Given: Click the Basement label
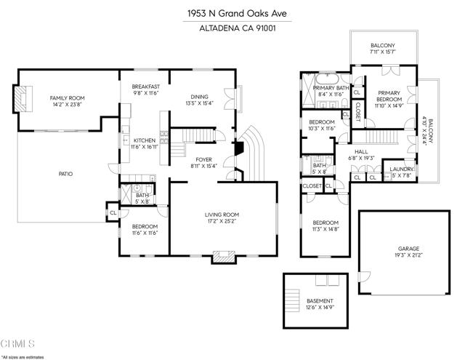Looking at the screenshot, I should click(x=320, y=301).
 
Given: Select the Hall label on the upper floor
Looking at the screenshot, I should click(x=361, y=151).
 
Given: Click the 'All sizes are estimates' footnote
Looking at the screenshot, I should click(x=23, y=357).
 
